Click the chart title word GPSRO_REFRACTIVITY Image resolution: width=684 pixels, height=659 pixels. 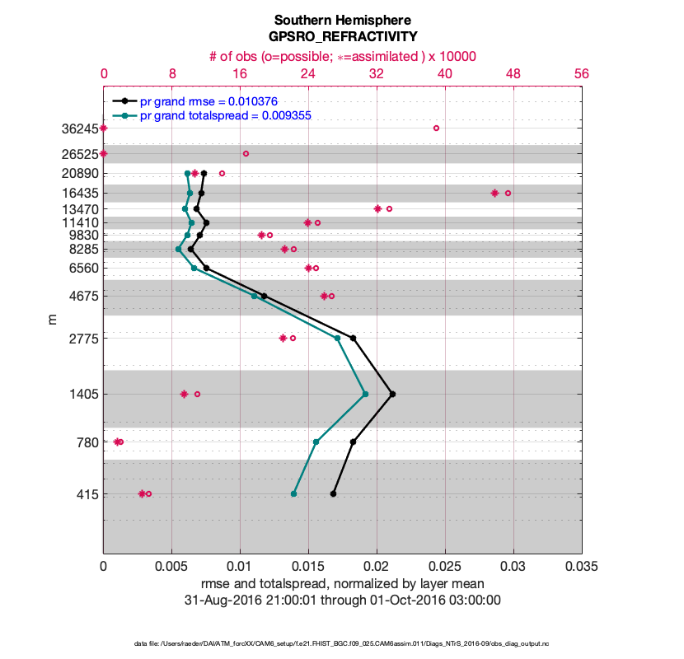342,36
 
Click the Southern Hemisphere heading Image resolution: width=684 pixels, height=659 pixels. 342,19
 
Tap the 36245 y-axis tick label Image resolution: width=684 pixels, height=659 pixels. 78,129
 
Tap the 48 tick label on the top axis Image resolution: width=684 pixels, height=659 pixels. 513,73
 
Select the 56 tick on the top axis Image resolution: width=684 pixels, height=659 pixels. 582,73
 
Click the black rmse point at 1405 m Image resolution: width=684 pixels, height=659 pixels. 392,394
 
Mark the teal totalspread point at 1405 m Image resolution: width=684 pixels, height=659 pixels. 365,394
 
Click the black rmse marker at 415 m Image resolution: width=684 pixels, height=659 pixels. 333,493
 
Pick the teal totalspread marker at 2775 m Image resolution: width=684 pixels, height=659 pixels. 337,338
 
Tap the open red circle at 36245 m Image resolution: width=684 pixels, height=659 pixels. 436,128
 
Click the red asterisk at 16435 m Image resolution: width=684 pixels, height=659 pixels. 494,193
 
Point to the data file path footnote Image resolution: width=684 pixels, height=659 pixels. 342,643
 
